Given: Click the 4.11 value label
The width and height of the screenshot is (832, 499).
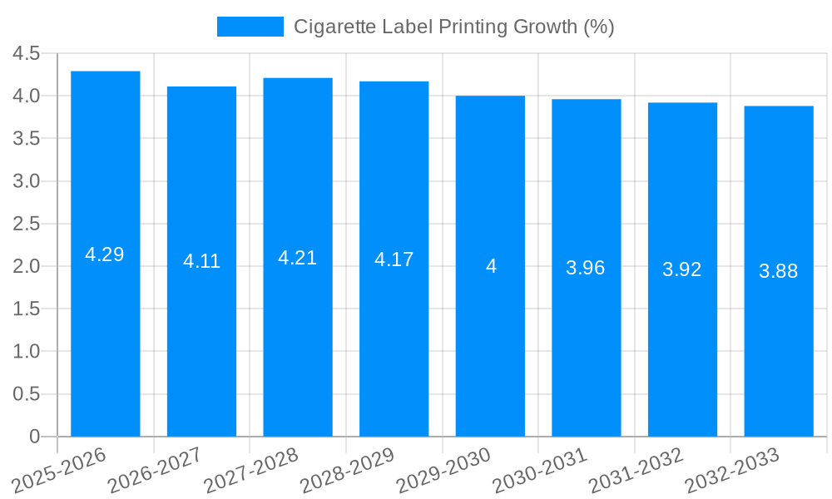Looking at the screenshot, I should pyautogui.click(x=201, y=261).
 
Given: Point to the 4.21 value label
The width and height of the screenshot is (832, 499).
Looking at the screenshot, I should pyautogui.click(x=298, y=258).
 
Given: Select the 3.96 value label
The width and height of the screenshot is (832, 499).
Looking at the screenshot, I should pyautogui.click(x=586, y=268).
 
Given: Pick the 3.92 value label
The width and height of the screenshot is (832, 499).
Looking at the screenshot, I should pyautogui.click(x=682, y=269).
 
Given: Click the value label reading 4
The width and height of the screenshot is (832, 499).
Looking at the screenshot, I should pyautogui.click(x=491, y=266).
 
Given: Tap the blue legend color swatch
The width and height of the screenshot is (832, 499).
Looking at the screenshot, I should pyautogui.click(x=250, y=27).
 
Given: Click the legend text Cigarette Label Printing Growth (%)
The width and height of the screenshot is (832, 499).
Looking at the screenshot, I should pyautogui.click(x=453, y=27).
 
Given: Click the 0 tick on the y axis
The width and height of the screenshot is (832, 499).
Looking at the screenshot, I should pyautogui.click(x=34, y=437).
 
